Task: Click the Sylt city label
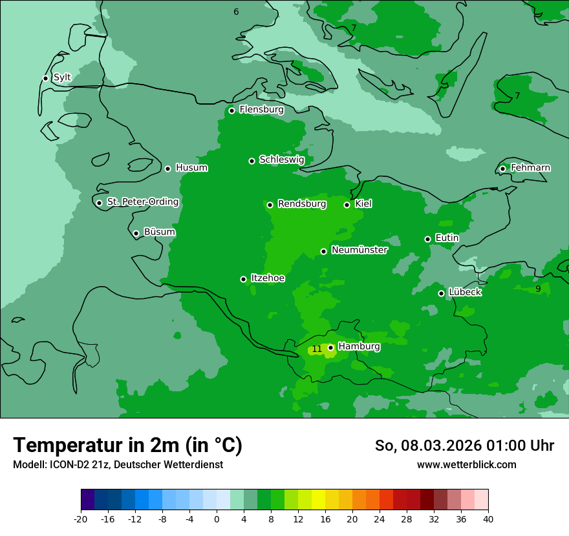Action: [x=62, y=77]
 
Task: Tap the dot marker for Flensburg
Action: [x=231, y=110]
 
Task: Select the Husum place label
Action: [x=191, y=168]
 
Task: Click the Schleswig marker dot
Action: [x=252, y=161]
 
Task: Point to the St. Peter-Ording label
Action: [x=142, y=202]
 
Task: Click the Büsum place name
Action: [x=159, y=232]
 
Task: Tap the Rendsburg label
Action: [x=301, y=204]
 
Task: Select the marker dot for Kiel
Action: [x=347, y=205]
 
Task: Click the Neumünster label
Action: [x=359, y=250]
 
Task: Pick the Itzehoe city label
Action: [x=267, y=278]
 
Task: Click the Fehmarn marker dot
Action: [x=502, y=169]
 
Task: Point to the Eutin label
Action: [x=447, y=238]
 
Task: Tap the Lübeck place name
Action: [x=464, y=293]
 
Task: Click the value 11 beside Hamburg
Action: [x=317, y=349]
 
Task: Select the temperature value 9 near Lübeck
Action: [x=538, y=289]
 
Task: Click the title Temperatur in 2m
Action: [x=127, y=445]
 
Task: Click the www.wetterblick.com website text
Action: [x=466, y=464]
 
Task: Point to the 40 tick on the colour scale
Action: [x=488, y=519]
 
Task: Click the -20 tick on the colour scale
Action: [x=81, y=519]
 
